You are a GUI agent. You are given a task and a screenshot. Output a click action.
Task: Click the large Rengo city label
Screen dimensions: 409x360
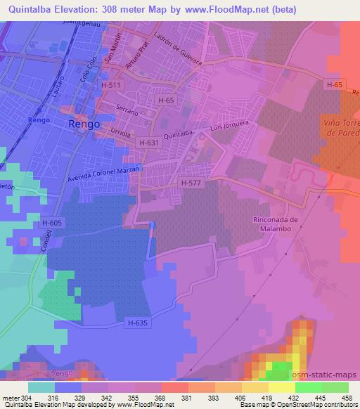[84, 124]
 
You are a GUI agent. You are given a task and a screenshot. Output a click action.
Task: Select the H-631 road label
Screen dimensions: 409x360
[149, 143]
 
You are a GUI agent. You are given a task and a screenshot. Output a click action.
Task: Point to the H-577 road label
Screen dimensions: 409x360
[191, 183]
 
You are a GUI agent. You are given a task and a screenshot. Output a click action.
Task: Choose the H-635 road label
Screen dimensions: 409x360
[139, 323]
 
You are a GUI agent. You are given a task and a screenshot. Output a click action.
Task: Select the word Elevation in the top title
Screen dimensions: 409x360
[84, 10]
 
